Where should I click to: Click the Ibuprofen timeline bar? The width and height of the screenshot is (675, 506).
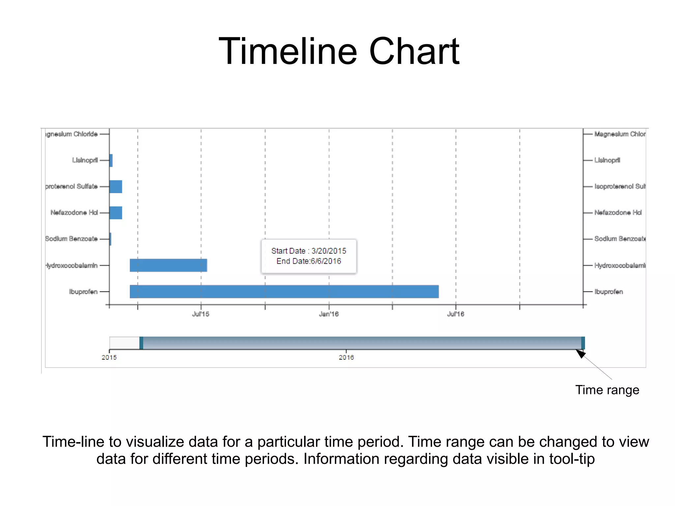point(284,292)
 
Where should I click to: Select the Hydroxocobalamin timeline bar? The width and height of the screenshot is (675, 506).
point(168,265)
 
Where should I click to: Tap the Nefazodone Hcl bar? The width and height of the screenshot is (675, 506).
point(116,213)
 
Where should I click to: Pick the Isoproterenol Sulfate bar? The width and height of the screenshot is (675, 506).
point(116,187)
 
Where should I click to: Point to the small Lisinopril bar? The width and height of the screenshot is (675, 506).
point(111,161)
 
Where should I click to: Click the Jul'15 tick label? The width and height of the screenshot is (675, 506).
point(201,314)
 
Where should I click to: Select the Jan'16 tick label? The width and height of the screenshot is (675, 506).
point(329,314)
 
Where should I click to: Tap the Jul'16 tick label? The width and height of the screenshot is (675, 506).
point(455,314)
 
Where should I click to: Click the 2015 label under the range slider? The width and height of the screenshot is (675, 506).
point(109,358)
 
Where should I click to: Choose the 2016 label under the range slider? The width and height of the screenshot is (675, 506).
point(346,358)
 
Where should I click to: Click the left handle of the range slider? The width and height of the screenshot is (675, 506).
point(141,343)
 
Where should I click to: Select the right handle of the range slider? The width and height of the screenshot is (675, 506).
point(583,343)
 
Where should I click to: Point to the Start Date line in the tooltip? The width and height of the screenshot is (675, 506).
point(309,251)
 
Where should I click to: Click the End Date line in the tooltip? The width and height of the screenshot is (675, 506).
point(309,261)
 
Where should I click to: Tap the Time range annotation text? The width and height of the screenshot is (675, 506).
point(607,390)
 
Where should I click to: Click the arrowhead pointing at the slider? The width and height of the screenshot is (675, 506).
point(580,354)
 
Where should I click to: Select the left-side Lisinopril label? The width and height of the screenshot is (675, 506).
point(85,161)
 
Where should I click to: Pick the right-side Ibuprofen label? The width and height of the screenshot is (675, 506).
point(608,292)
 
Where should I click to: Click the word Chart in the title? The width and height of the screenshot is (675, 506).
point(414,52)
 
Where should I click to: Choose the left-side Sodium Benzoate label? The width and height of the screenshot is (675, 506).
point(72,239)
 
